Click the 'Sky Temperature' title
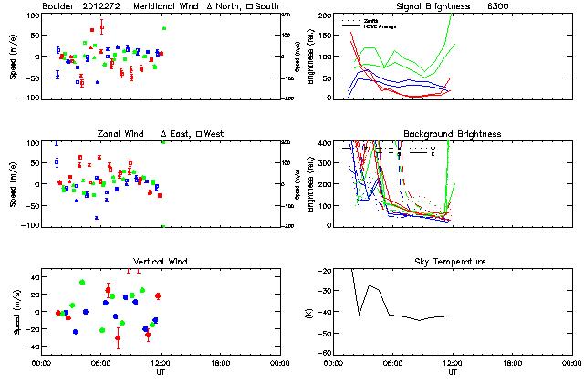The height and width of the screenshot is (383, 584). click(x=453, y=262)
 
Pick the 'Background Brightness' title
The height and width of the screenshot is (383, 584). click(x=453, y=134)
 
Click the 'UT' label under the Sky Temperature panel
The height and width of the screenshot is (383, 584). click(x=453, y=372)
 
